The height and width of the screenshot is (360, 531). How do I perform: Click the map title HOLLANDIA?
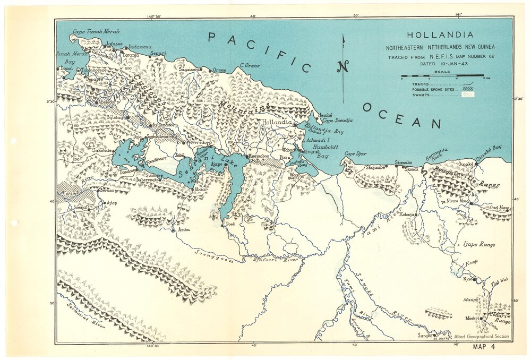[x=440, y=35]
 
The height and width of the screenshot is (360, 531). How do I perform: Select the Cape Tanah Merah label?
[x=96, y=32]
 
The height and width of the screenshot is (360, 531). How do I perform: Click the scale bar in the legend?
[x=442, y=76]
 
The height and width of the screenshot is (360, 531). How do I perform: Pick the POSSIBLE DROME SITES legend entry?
[x=438, y=89]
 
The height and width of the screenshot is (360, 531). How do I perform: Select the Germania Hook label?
[x=436, y=155]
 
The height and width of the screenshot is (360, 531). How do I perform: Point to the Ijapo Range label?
[x=479, y=245]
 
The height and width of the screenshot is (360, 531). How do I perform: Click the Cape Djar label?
[x=355, y=154]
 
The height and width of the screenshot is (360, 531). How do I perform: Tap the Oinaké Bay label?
[x=489, y=148]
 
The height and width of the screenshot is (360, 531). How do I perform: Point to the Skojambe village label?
[x=375, y=167]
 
